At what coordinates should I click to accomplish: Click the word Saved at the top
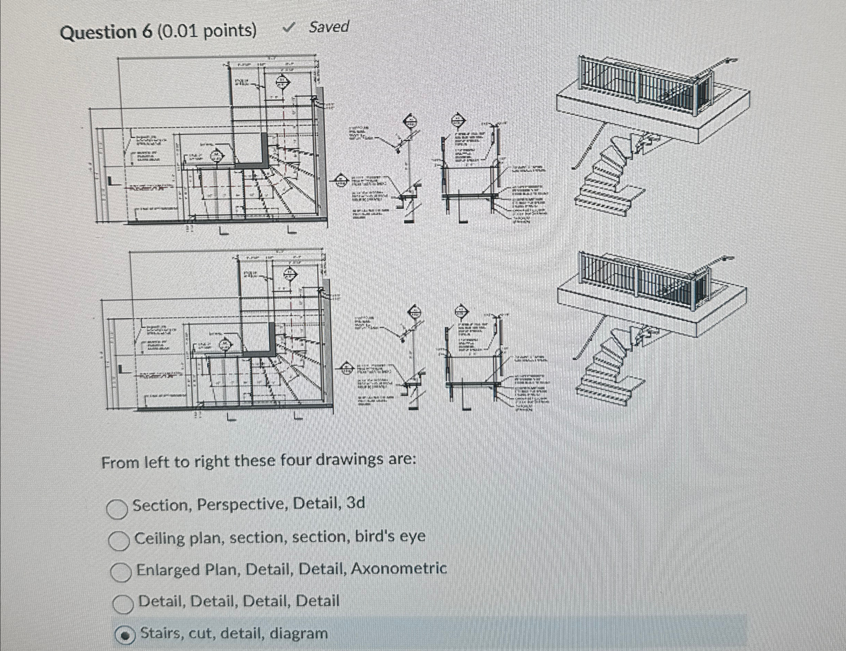[x=329, y=27]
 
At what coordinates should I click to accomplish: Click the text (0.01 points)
[x=207, y=31]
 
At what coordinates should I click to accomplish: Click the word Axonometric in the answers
[x=399, y=568]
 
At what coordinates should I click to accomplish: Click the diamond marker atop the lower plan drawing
[x=289, y=274]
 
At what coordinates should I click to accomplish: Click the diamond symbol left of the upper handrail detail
[x=340, y=180]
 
